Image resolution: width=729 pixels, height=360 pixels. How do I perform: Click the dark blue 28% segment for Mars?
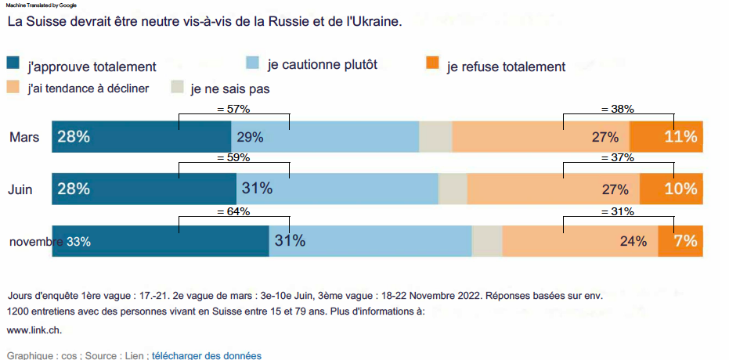coord(141,137)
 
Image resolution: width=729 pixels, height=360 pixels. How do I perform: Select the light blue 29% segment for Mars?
coord(325,137)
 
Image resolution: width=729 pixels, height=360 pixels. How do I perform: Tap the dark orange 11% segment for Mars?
coord(666,137)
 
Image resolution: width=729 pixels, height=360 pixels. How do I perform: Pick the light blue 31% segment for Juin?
coord(337,189)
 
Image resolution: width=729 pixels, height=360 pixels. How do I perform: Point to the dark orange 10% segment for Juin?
coord(671,189)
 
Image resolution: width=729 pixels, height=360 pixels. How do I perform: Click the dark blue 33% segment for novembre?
coord(161,241)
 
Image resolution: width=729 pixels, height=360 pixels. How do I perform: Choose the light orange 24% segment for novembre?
coord(579,241)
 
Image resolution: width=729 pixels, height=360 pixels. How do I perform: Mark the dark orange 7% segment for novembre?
coord(680,241)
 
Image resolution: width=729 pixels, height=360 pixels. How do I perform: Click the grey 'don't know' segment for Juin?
coord(453,189)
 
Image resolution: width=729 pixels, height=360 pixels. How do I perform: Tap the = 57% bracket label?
coord(233,109)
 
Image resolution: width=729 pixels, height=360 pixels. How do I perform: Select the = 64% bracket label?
coord(233,211)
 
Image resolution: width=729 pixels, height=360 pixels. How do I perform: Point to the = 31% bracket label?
coord(617,211)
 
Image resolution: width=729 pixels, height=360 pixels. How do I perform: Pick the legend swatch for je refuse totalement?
coord(431,63)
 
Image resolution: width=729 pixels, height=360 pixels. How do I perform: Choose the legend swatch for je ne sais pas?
coord(178,87)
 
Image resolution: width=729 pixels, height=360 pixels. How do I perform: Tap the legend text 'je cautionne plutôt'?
coord(322,65)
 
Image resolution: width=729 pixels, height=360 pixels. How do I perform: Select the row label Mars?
coord(24,138)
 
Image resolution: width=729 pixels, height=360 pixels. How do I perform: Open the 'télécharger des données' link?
coord(206,355)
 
